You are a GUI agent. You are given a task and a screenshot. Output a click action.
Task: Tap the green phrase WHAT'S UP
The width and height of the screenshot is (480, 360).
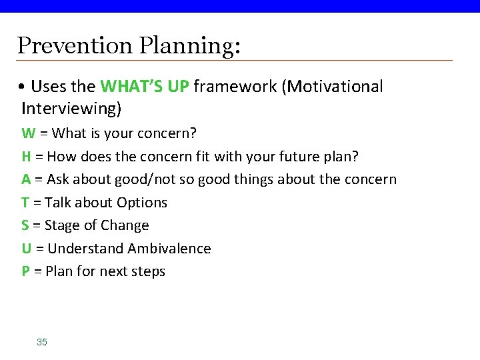click(x=145, y=87)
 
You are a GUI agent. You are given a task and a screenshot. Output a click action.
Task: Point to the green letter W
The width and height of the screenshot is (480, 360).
click(x=28, y=133)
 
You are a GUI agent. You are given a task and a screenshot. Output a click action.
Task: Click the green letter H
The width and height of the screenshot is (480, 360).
click(x=27, y=157)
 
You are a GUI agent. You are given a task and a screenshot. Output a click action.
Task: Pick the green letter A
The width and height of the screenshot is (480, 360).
click(x=27, y=179)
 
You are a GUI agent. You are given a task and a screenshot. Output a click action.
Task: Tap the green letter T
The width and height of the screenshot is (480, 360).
click(x=26, y=203)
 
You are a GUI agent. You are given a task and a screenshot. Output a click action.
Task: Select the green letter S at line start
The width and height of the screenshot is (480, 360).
click(x=26, y=225)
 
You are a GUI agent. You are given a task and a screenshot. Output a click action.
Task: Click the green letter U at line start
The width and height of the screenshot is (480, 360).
click(x=27, y=249)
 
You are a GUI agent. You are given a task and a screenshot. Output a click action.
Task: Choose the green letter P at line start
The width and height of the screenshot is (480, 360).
click(x=26, y=271)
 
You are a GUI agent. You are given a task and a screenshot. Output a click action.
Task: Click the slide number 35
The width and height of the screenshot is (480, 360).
click(x=42, y=342)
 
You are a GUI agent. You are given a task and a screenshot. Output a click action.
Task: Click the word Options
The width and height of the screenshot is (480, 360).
click(x=141, y=203)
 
